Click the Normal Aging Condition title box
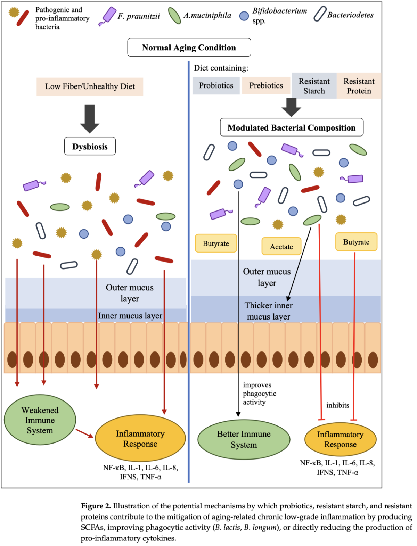tap(189, 47)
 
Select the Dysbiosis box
tap(90, 146)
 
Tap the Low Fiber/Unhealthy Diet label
tap(90, 86)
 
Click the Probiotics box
tap(216, 85)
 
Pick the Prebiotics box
tap(266, 85)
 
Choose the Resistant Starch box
tap(314, 86)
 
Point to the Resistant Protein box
tap(359, 86)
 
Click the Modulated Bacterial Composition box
tap(291, 127)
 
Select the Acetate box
tap(281, 246)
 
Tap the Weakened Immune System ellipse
tap(40, 420)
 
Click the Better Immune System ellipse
tap(244, 439)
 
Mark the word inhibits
tap(337, 405)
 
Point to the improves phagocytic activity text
tap(259, 393)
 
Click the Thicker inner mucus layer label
tap(268, 311)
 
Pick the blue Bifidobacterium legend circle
tap(244, 16)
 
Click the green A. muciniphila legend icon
tap(174, 16)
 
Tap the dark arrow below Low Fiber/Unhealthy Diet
tap(90, 118)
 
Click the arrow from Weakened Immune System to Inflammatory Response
tap(84, 433)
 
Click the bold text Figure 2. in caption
tap(96, 506)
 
